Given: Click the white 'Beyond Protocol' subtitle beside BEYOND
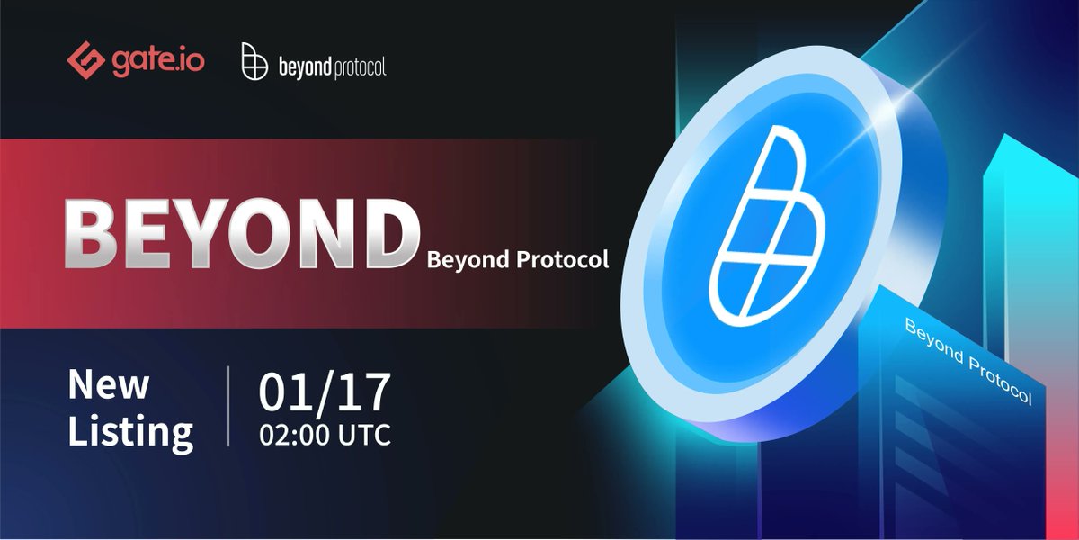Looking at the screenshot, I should tap(518, 261).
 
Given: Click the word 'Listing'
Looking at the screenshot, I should tap(130, 432).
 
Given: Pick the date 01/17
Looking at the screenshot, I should tap(325, 391).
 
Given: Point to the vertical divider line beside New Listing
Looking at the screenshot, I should tap(228, 406).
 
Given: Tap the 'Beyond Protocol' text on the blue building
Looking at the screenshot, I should tap(968, 361).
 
